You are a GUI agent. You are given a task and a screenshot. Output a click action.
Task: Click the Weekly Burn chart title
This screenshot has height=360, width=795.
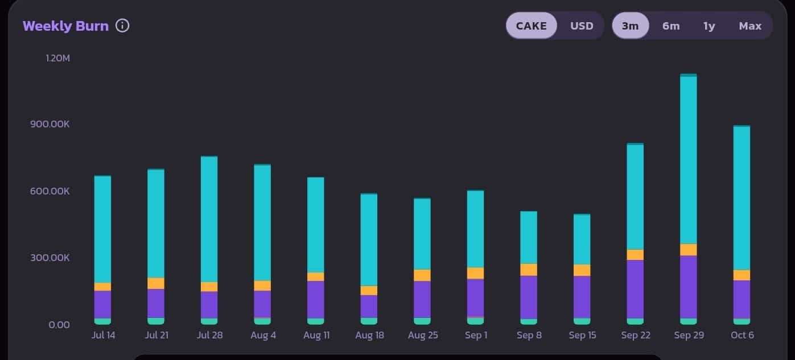(x=65, y=26)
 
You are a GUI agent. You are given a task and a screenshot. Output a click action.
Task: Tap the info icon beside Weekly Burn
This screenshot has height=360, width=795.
(x=122, y=26)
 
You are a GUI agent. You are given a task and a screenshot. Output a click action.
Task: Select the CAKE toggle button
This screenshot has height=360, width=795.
(x=531, y=26)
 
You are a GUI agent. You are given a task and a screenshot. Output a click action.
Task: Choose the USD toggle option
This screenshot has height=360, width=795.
(x=582, y=26)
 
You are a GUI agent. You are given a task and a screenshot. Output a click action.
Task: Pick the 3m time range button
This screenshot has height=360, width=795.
(x=630, y=26)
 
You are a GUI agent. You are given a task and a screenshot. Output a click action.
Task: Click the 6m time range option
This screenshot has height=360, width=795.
(x=671, y=26)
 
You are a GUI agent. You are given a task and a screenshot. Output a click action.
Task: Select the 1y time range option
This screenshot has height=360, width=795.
(x=709, y=26)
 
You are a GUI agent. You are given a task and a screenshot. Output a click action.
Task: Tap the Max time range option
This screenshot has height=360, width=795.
(x=750, y=26)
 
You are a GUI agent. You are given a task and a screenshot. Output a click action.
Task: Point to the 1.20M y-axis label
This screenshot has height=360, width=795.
(x=57, y=58)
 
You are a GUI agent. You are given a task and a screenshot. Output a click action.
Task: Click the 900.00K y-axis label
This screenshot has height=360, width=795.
(x=50, y=124)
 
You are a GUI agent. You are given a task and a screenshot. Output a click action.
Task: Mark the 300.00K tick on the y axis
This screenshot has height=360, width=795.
(x=50, y=258)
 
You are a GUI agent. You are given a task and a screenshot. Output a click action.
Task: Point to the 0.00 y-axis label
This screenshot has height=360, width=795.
(x=59, y=324)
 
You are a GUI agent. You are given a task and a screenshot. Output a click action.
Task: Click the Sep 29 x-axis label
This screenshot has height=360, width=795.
(x=689, y=335)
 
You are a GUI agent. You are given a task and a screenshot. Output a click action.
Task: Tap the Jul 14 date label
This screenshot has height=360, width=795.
(x=103, y=335)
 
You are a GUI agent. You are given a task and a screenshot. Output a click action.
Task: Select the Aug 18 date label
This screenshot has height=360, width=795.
(x=369, y=335)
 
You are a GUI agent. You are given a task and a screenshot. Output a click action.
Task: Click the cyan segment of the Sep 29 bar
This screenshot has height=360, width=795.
(x=689, y=159)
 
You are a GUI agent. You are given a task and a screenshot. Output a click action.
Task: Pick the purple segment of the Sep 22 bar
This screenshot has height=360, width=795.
(x=635, y=289)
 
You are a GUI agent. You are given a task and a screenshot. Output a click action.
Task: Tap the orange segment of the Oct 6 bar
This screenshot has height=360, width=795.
(x=742, y=275)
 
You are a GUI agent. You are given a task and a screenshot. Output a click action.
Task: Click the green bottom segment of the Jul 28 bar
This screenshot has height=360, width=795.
(x=209, y=321)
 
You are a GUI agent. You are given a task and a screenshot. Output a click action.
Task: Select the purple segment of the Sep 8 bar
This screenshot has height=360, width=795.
(x=529, y=297)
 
